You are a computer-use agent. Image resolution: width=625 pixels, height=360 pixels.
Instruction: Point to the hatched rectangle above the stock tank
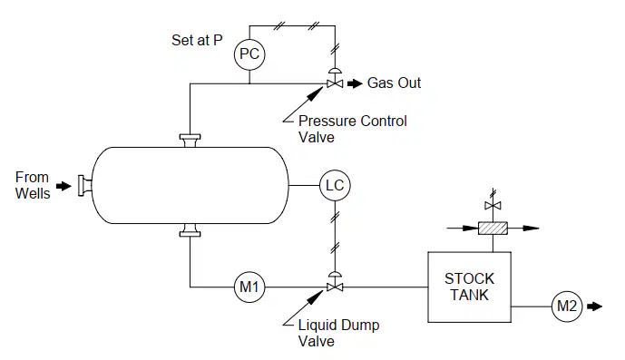[493, 228]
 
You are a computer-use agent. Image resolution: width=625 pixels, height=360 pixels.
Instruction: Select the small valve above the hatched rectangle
[493, 205]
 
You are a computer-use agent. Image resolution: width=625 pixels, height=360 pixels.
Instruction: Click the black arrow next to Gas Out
[355, 83]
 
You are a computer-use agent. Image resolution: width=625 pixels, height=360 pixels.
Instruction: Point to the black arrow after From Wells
[63, 186]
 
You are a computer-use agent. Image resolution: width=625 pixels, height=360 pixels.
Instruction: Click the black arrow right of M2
[595, 306]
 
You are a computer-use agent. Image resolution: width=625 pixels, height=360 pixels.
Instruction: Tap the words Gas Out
[394, 83]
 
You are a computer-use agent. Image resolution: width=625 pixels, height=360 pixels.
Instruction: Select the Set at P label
[197, 40]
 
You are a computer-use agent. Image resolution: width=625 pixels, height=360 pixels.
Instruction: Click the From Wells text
[33, 185]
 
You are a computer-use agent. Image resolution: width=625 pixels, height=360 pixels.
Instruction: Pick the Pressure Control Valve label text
[353, 129]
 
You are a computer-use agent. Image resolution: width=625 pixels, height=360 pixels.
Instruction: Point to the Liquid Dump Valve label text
[339, 333]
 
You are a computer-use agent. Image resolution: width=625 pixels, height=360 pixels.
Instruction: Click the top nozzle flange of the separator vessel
[190, 141]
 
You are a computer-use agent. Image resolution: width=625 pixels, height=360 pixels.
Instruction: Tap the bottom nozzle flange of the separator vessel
[190, 230]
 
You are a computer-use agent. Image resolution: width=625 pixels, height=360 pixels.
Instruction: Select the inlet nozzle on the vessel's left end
[85, 186]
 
